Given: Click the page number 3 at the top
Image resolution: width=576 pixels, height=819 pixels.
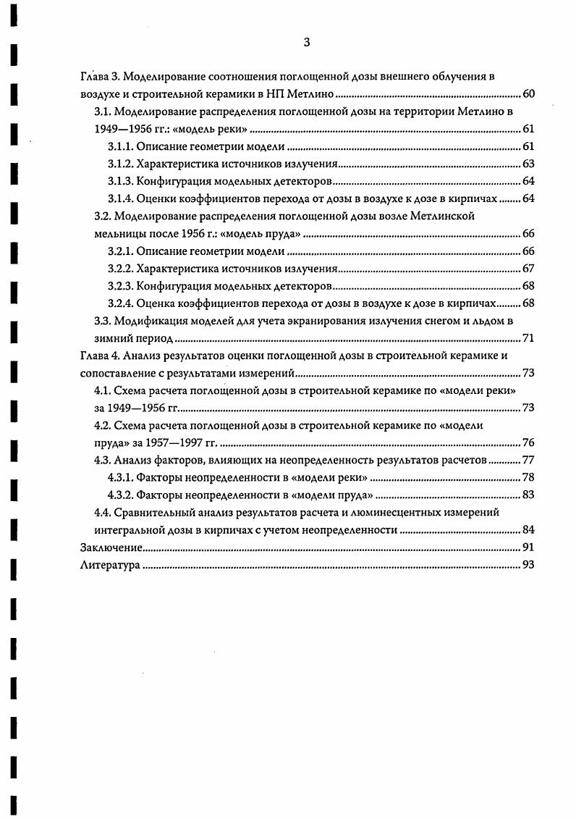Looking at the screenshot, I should [x=306, y=43].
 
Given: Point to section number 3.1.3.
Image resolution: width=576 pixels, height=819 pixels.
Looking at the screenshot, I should [x=121, y=182].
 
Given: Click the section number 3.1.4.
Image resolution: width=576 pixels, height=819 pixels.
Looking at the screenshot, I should [x=121, y=199].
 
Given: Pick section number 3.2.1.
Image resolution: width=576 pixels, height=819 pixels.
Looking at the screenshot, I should [x=121, y=251].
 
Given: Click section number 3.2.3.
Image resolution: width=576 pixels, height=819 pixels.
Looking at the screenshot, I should [x=121, y=286].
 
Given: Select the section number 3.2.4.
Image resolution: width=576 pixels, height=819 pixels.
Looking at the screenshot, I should [x=121, y=303].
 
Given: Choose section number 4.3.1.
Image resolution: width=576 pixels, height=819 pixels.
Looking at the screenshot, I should [x=121, y=478].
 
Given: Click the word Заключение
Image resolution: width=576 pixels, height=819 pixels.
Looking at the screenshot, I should [x=110, y=547].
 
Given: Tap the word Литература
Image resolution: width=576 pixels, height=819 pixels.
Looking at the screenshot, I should [x=109, y=565].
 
